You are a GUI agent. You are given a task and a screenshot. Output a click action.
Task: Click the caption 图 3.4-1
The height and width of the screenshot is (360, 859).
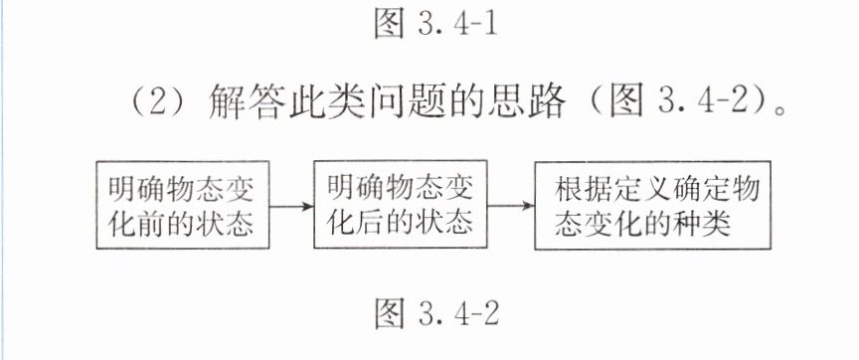(x=435, y=24)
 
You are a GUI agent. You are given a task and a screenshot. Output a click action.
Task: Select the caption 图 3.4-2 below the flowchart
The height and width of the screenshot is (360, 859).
(x=436, y=314)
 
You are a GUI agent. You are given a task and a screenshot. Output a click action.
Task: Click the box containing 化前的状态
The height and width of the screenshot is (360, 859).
(x=183, y=205)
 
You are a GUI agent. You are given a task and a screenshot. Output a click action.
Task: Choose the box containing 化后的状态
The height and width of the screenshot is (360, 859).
(x=401, y=205)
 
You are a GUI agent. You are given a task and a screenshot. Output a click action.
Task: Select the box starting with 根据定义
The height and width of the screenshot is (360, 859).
(x=652, y=206)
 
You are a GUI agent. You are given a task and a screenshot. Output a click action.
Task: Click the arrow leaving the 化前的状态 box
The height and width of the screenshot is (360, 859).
(x=291, y=207)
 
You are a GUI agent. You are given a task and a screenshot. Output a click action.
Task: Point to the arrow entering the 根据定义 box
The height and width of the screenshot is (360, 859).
(x=511, y=206)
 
